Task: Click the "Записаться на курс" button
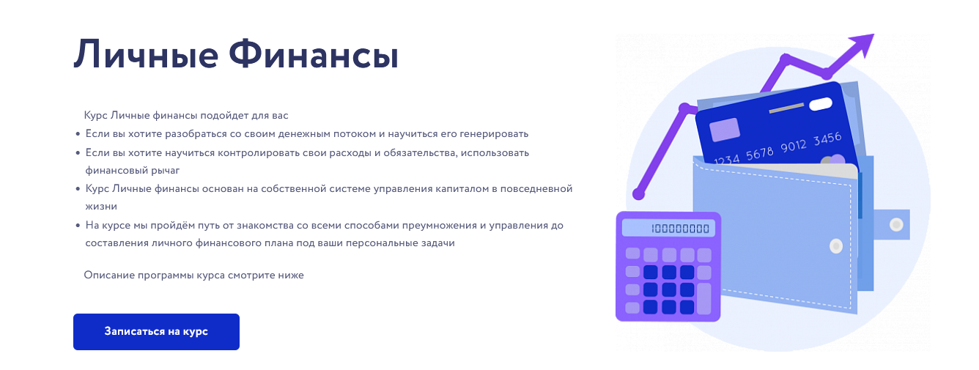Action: tap(156, 332)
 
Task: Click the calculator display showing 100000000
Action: tap(668, 228)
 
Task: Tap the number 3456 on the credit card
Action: tap(827, 138)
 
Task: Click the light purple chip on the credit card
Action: tap(725, 130)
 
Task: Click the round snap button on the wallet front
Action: tap(835, 247)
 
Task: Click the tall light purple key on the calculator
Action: tap(703, 298)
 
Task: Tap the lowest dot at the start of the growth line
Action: tap(638, 194)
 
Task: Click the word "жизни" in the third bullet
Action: tap(100, 207)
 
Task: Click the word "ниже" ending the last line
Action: tap(290, 275)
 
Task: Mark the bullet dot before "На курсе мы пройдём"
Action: tap(78, 226)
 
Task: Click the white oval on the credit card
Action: tap(822, 103)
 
